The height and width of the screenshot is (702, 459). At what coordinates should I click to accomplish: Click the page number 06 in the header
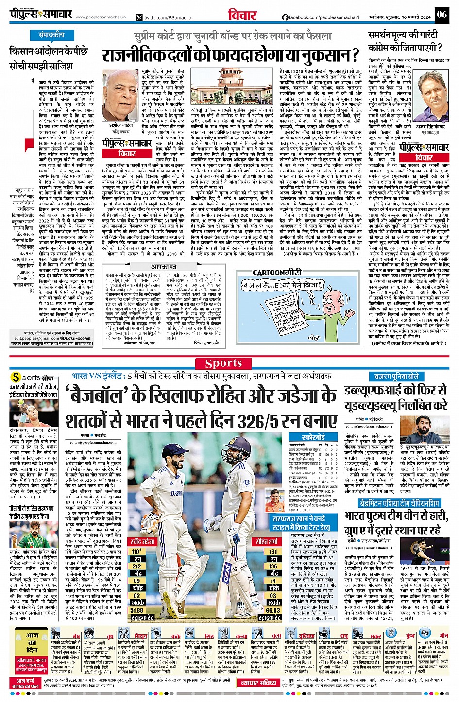pyautogui.click(x=441, y=14)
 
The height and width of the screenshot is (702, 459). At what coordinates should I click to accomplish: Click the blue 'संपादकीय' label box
pyautogui.click(x=51, y=35)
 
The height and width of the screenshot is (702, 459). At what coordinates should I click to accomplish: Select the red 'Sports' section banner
pyautogui.click(x=223, y=363)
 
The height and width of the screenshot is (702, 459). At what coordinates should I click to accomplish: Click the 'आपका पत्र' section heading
pyautogui.click(x=163, y=267)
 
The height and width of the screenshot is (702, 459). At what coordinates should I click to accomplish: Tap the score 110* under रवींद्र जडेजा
pyautogui.click(x=136, y=552)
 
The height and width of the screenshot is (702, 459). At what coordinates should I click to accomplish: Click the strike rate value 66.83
pyautogui.click(x=273, y=610)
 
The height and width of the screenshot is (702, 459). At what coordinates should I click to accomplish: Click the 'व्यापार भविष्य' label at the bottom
pyautogui.click(x=259, y=683)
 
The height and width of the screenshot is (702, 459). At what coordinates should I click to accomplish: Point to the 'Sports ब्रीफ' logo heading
pyautogui.click(x=31, y=377)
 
